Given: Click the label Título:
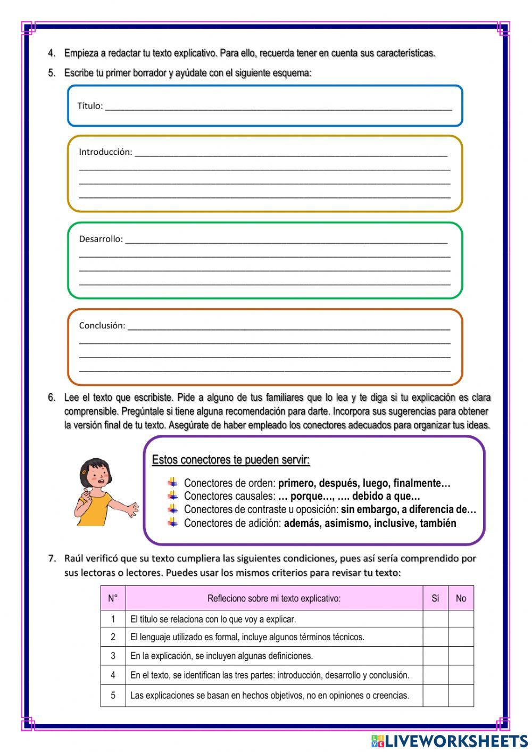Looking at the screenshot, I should click(x=90, y=106).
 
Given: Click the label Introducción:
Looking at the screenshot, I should click(x=105, y=152).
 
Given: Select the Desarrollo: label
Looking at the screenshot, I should click(x=101, y=239).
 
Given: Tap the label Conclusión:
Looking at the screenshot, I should click(x=102, y=325).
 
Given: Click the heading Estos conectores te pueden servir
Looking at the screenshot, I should click(x=231, y=460).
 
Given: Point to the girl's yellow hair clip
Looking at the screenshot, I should click(x=84, y=472).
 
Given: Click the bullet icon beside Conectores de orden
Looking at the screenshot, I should click(x=173, y=483).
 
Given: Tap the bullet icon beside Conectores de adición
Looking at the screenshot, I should click(x=173, y=523).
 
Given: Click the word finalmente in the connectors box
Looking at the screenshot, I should click(x=422, y=483).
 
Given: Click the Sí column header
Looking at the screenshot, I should click(x=435, y=598).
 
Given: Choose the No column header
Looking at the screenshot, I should click(x=461, y=598).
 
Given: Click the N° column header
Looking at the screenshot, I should click(x=113, y=598).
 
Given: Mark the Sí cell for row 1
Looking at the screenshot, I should click(x=435, y=619).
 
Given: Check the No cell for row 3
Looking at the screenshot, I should click(x=461, y=656).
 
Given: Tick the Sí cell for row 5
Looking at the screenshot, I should click(x=435, y=695).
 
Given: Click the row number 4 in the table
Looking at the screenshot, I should click(x=113, y=675).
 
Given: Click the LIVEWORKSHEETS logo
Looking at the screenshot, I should click(x=450, y=740).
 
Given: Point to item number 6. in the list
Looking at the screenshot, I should click(x=52, y=398).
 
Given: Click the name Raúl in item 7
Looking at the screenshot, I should click(x=74, y=558).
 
